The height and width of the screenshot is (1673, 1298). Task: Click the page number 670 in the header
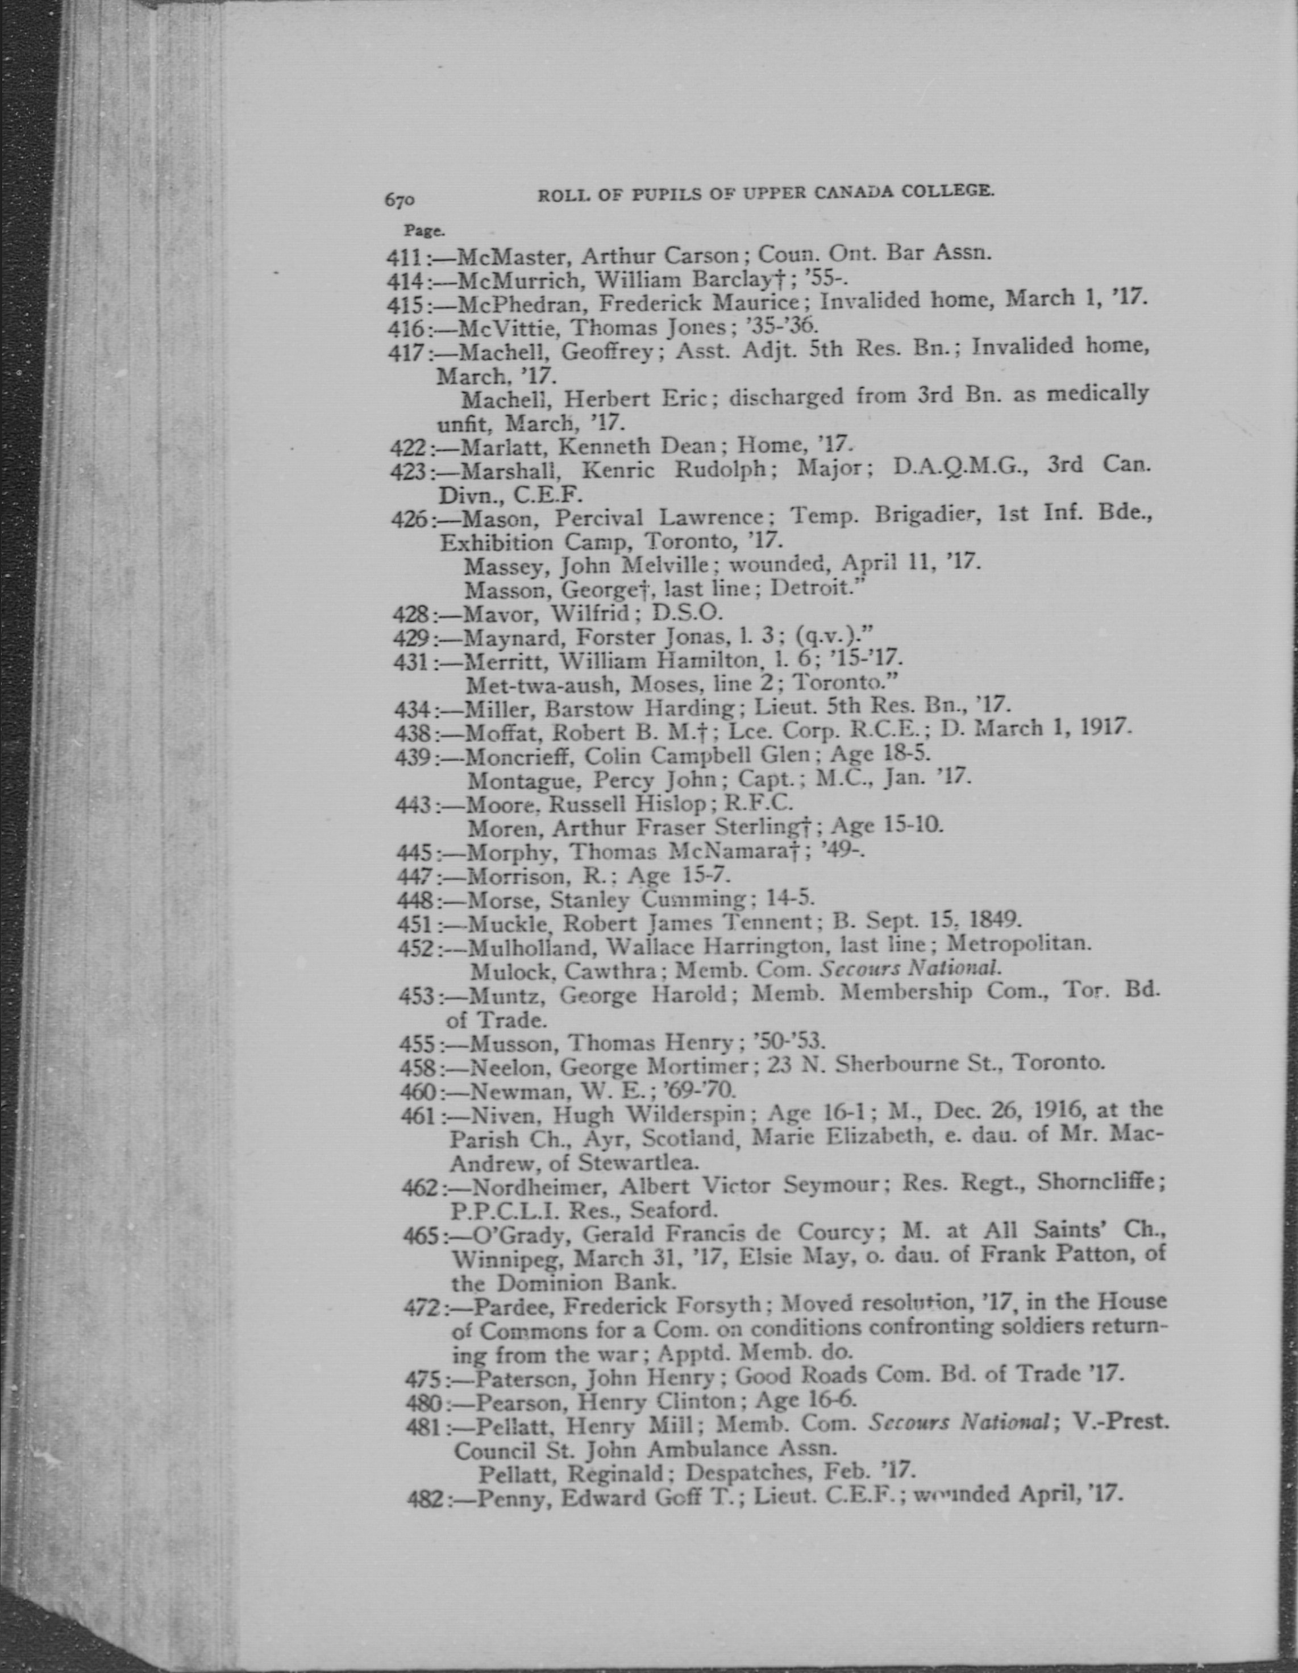pyautogui.click(x=399, y=200)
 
